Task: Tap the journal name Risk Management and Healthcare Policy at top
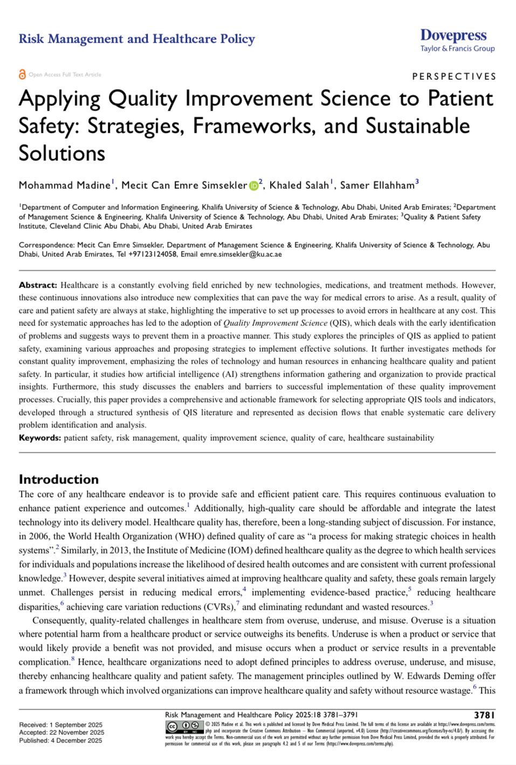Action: coord(136,39)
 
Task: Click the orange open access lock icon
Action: coord(22,74)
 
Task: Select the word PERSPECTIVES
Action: coord(454,77)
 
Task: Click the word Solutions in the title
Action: coord(62,153)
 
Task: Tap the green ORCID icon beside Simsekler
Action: coord(253,186)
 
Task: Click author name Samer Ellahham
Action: coord(377,186)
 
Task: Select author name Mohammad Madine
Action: coord(64,186)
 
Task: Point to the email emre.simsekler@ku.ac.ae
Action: coord(240,254)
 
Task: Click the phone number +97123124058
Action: coord(153,254)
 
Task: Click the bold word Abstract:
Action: coord(38,285)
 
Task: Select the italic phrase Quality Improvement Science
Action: coord(275,323)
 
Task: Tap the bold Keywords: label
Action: coord(40,438)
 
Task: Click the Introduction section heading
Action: coord(59,479)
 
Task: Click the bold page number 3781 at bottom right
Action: coord(484,715)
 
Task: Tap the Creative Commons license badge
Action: coord(184,726)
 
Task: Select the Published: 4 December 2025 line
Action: coord(60,741)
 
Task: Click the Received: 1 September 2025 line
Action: coord(60,725)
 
